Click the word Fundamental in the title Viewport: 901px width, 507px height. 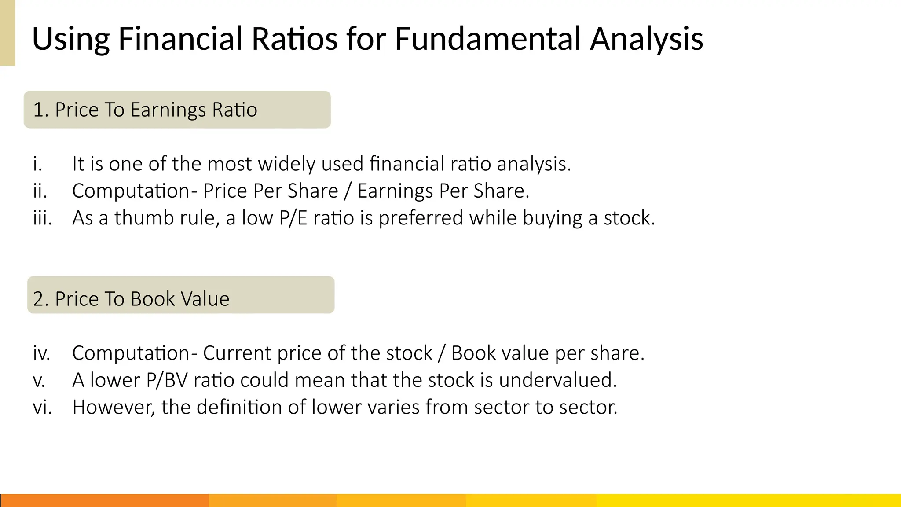click(487, 39)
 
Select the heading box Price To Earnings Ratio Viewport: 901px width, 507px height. click(177, 110)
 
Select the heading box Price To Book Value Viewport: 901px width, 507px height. click(180, 295)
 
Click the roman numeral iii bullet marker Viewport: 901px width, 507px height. click(42, 218)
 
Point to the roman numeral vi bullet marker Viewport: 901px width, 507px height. click(42, 407)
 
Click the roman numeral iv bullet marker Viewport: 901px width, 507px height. click(41, 353)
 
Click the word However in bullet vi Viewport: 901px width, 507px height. click(114, 407)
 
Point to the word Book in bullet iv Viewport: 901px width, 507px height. click(470, 353)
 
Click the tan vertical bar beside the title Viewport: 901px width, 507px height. click(7, 33)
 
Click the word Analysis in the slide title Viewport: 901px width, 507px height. click(646, 39)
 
